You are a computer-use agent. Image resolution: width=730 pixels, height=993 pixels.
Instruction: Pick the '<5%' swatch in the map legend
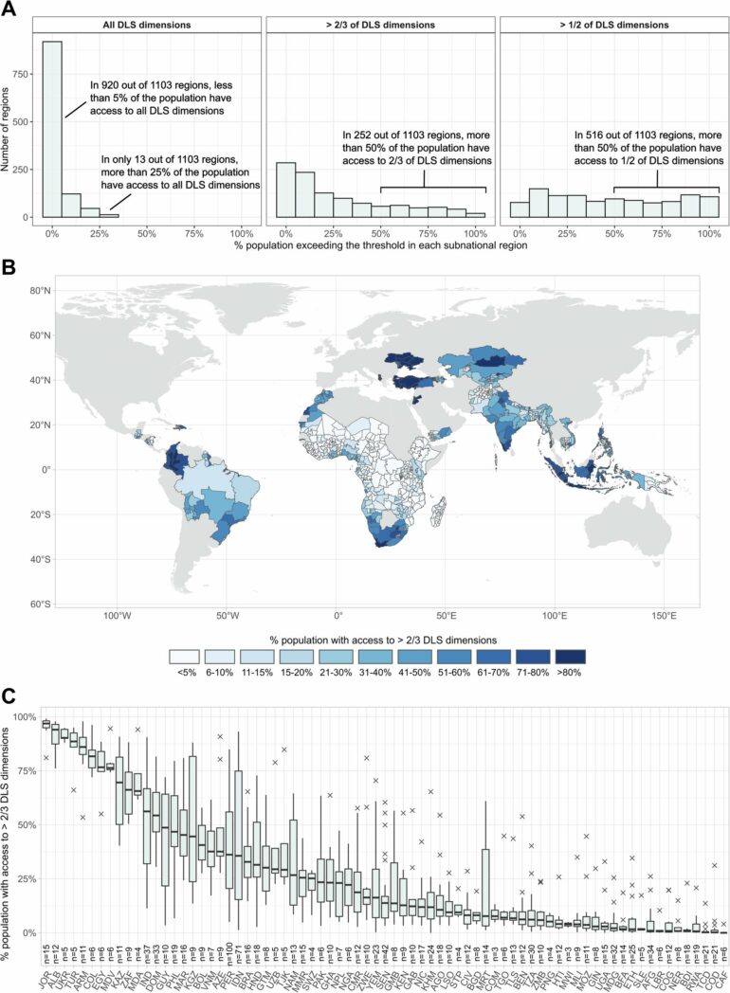[x=188, y=656]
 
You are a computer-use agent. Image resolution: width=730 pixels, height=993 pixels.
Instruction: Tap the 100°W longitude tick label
[x=117, y=615]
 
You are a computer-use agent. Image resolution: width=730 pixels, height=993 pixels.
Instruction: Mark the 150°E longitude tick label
[x=664, y=615]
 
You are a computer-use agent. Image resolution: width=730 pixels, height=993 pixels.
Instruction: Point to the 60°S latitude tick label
[x=31, y=604]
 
